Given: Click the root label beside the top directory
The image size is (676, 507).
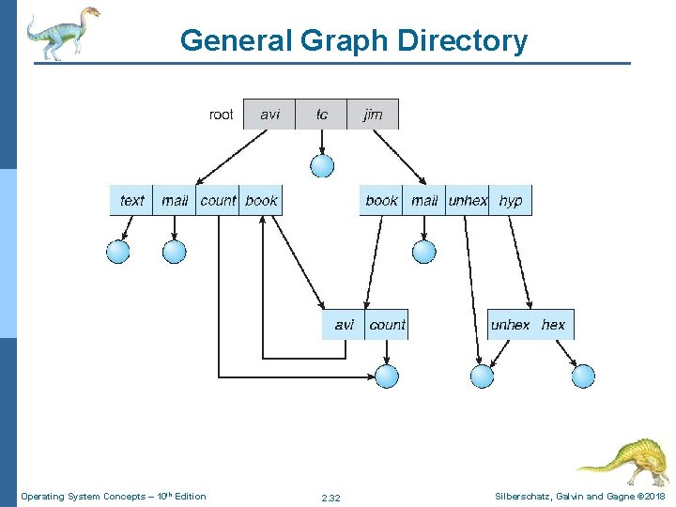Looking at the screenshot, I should [221, 115].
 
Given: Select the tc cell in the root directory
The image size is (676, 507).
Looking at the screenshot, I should [322, 115].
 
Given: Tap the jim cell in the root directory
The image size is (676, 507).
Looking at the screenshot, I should [373, 115].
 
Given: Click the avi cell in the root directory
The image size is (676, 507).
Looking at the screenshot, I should [269, 115].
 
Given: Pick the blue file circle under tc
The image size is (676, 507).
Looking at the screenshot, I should [322, 166].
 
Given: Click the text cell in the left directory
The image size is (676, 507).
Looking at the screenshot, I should [131, 201].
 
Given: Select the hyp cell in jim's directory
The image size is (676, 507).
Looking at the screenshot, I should [511, 201].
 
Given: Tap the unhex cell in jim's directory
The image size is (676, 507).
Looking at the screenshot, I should [468, 201].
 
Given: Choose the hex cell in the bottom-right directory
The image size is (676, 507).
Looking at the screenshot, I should [554, 325].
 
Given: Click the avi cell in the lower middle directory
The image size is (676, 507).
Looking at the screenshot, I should [344, 325].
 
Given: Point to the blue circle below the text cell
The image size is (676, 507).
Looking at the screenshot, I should [118, 252].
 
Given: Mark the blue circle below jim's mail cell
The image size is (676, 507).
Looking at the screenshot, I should [424, 252].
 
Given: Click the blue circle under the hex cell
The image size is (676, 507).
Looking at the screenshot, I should [583, 376].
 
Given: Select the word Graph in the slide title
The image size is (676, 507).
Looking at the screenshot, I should [344, 41].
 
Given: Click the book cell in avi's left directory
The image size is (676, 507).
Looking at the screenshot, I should [261, 201].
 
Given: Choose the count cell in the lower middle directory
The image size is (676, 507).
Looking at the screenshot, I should [387, 325].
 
